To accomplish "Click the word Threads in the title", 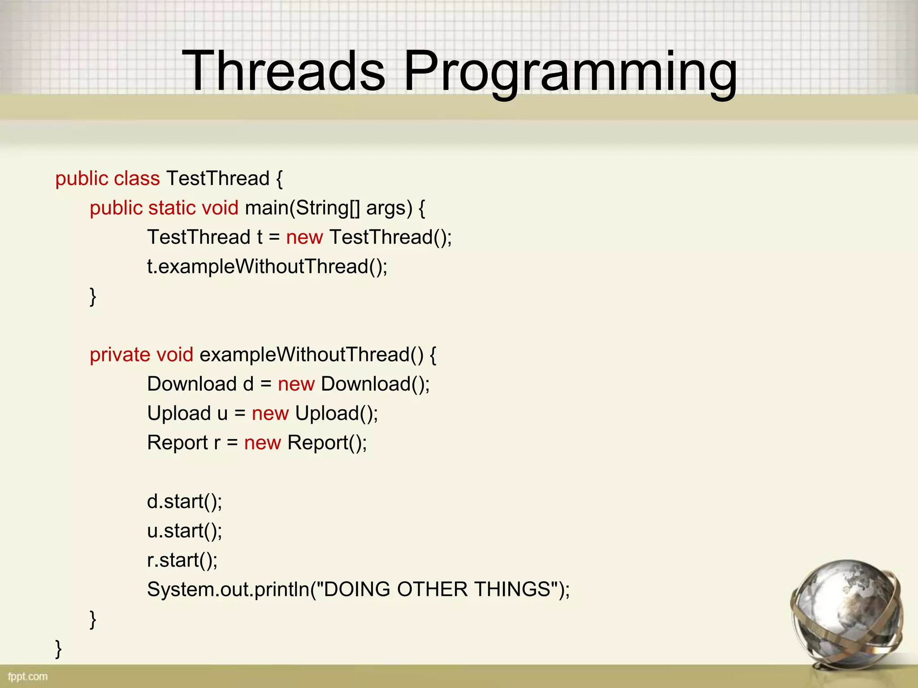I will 283,71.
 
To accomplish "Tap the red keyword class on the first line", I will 137,179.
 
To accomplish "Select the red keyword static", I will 172,208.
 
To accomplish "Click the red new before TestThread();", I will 304,237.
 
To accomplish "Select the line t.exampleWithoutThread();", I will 267,267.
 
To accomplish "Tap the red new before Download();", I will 296,384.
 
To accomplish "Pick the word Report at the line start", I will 177,443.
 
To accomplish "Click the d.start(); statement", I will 184,502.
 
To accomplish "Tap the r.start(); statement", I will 182,560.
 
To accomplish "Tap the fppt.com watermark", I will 28,676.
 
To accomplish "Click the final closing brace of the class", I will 58,649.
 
